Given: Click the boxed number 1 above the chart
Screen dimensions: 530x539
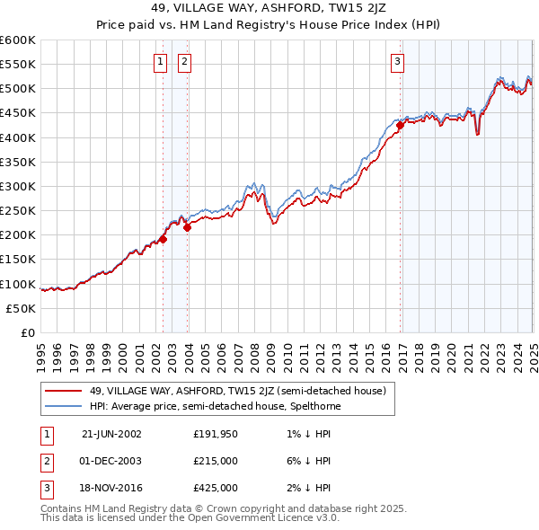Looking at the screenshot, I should point(160,62).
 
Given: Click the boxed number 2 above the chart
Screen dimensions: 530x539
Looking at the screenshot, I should point(184,62).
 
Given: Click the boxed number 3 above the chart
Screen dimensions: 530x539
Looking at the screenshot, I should point(397,62).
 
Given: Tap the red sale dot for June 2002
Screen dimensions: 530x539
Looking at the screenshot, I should point(163,239).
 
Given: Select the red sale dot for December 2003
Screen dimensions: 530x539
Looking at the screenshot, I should point(188,227).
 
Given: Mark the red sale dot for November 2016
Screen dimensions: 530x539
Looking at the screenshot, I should point(401,126).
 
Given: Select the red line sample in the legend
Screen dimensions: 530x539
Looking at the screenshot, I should point(64,391).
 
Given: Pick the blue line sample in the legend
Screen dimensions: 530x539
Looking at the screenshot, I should point(64,406).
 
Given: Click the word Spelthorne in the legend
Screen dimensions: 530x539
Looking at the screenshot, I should point(312,406).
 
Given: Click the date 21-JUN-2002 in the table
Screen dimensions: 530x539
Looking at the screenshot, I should point(111,433).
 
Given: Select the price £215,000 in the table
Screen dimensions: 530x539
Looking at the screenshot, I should point(216,461).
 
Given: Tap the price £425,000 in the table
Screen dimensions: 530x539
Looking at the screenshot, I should point(216,488).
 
